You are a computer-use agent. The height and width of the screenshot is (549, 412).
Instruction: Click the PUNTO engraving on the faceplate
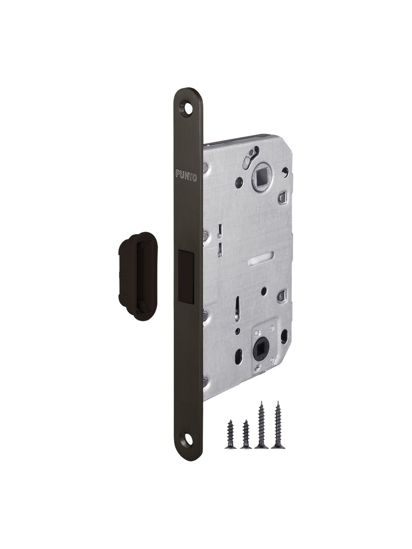(186, 176)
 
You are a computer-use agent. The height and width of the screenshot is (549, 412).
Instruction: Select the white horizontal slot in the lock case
(261, 263)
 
